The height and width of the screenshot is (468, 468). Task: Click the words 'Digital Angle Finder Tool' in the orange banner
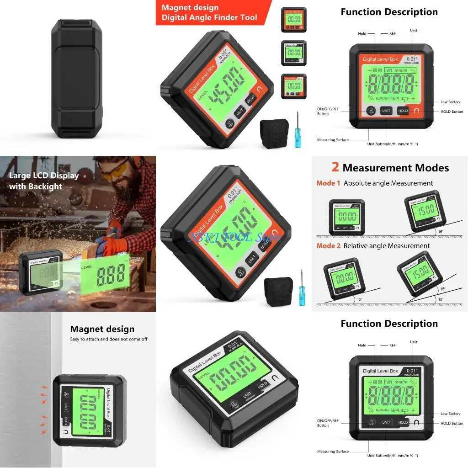pyautogui.click(x=209, y=18)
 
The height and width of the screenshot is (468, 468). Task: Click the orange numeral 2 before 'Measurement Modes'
pyautogui.click(x=335, y=167)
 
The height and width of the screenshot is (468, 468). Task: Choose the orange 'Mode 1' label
pyautogui.click(x=328, y=183)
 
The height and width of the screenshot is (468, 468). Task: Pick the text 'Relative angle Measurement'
pyautogui.click(x=386, y=246)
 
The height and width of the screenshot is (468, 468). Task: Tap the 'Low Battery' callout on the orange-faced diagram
pyautogui.click(x=450, y=102)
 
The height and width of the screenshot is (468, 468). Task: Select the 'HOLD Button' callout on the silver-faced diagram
pyautogui.click(x=452, y=423)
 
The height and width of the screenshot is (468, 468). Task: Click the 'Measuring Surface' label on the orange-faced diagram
pyautogui.click(x=333, y=140)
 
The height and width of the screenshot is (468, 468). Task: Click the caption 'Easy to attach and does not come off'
pyautogui.click(x=109, y=339)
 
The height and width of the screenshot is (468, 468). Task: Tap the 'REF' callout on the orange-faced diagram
pyautogui.click(x=392, y=34)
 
